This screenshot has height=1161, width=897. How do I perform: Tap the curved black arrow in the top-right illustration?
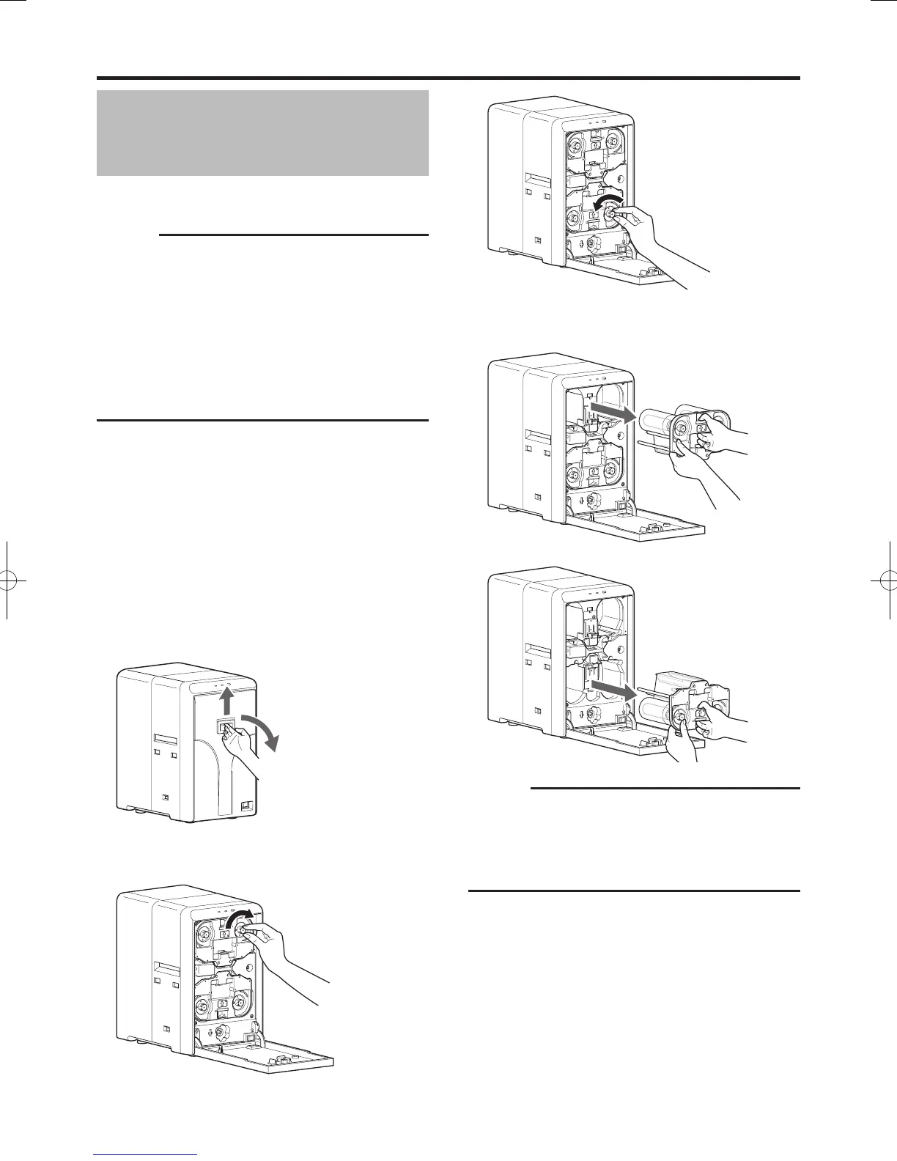609,200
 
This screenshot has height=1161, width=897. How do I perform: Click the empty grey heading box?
262,133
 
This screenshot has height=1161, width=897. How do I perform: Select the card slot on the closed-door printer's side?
164,735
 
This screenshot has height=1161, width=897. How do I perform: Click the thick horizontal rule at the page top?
448,78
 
